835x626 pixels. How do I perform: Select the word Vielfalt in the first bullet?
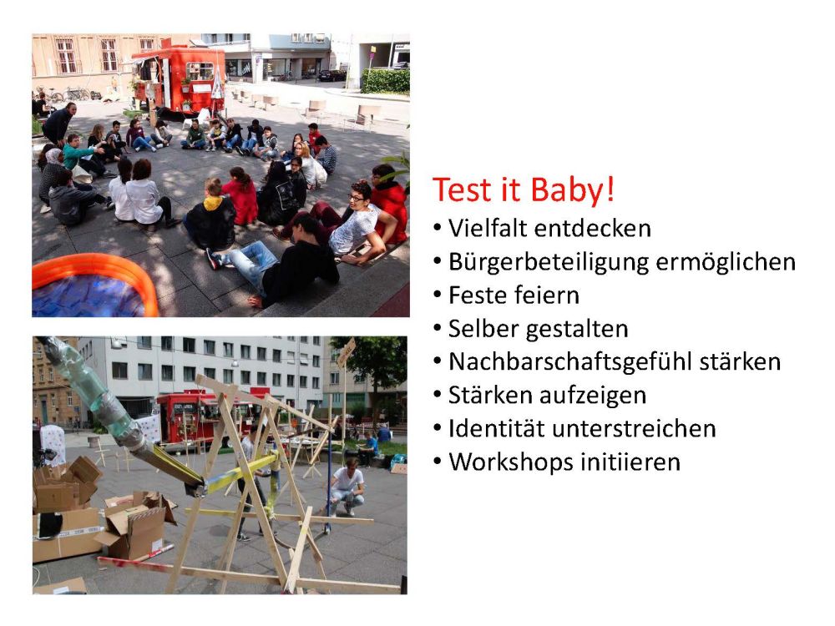click(x=487, y=229)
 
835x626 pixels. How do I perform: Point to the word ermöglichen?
click(x=726, y=262)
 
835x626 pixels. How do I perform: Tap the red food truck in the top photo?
click(x=179, y=78)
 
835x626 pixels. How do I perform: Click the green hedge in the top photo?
click(x=385, y=80)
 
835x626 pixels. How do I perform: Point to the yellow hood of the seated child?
click(x=213, y=203)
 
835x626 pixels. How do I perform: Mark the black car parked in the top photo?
click(x=331, y=76)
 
